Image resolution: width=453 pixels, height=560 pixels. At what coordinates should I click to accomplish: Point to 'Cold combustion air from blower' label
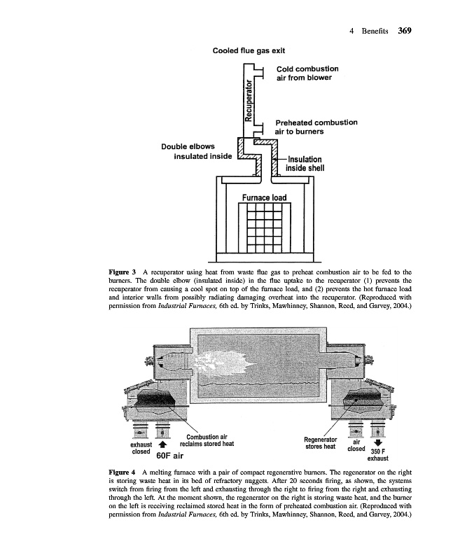point(307,73)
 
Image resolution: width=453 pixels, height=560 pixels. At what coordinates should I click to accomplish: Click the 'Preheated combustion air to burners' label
point(316,127)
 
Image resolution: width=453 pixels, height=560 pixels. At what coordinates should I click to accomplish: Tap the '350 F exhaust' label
point(378,455)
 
